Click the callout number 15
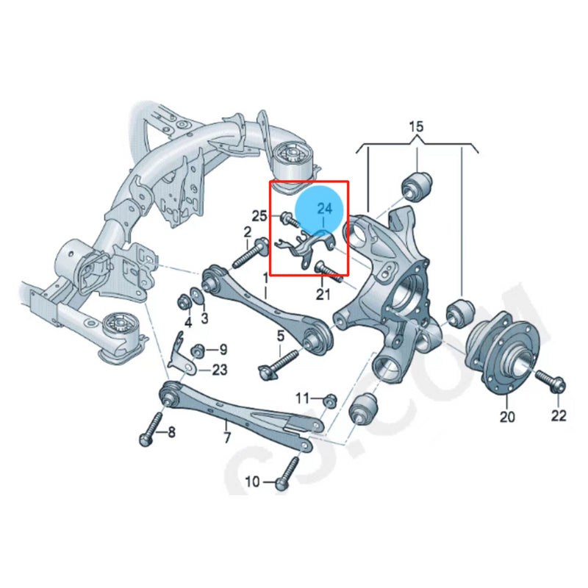(416, 128)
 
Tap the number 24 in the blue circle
(325, 209)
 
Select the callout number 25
(259, 216)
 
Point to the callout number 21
(324, 295)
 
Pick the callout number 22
(559, 416)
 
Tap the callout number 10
(252, 482)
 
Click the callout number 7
(227, 438)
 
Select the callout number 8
(171, 432)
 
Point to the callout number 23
(220, 370)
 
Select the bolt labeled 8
(151, 428)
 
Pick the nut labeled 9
(196, 349)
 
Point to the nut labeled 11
(330, 400)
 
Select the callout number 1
(266, 277)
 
